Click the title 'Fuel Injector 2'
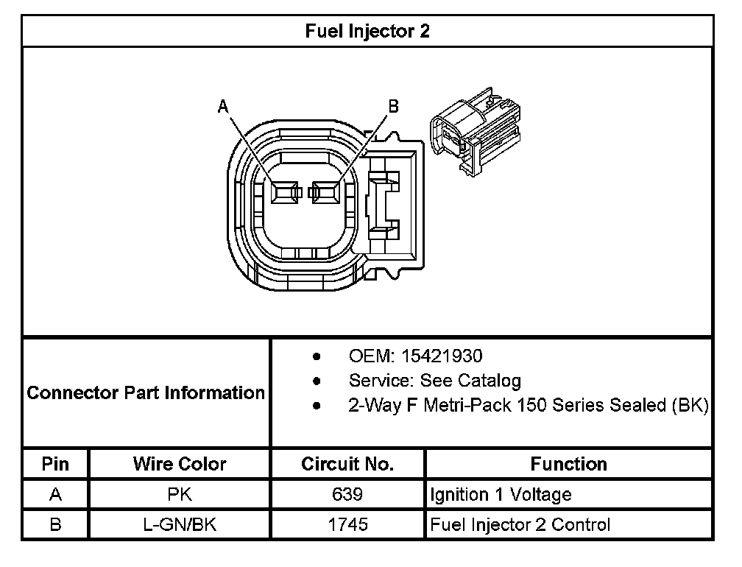tap(367, 31)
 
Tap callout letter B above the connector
tap(393, 107)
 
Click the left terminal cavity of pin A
tap(283, 193)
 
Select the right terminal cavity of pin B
tap(326, 193)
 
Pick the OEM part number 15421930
tap(441, 356)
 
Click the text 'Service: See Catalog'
tap(434, 381)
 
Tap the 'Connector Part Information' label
tap(146, 392)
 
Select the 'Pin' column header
tap(55, 464)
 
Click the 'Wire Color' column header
tap(180, 464)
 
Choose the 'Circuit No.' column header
tap(347, 464)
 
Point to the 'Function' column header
tap(568, 464)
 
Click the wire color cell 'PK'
tap(180, 495)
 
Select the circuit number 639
tap(347, 495)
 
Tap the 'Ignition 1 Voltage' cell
tap(501, 495)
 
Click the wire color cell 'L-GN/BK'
tap(180, 525)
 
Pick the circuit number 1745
tap(347, 525)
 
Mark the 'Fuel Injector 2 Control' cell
tap(520, 525)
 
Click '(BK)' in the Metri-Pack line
tap(690, 406)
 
